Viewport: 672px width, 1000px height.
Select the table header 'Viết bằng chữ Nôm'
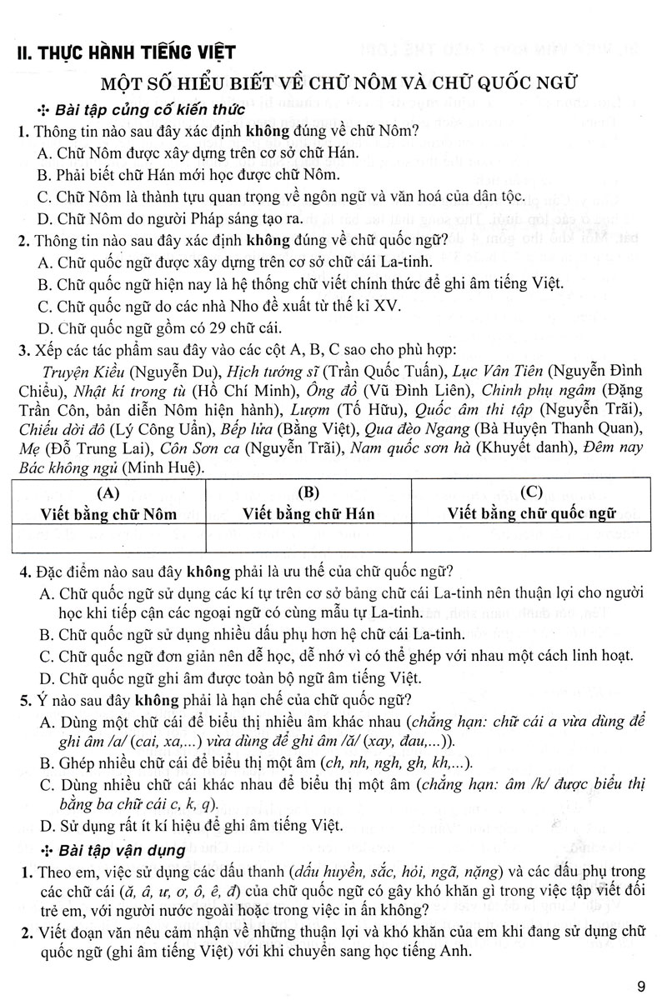click(x=109, y=513)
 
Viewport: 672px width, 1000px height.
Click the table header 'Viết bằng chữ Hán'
click(x=308, y=513)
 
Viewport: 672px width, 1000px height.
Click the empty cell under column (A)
click(x=109, y=537)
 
